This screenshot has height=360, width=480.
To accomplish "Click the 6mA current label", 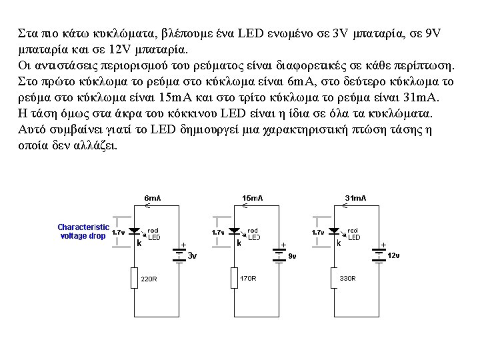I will click(x=153, y=198).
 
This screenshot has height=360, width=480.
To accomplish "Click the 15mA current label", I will click(x=252, y=198).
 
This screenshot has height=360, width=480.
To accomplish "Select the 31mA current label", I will click(x=355, y=198).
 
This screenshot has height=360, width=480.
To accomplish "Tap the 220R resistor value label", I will click(x=149, y=279).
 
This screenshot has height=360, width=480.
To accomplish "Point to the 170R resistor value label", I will click(x=248, y=278).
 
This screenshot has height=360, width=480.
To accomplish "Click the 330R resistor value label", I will click(x=347, y=278).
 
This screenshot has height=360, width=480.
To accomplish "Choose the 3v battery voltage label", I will click(x=192, y=255).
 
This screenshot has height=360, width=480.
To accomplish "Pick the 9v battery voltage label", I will click(x=292, y=255).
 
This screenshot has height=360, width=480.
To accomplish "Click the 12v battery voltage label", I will click(x=393, y=255).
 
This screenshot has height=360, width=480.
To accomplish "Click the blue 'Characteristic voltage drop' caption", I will click(x=83, y=231).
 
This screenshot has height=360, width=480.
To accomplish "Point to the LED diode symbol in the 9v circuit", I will click(x=234, y=231).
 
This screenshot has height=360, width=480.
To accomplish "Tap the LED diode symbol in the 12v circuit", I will click(x=334, y=231).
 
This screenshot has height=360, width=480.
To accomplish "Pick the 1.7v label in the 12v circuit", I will click(x=318, y=233).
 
